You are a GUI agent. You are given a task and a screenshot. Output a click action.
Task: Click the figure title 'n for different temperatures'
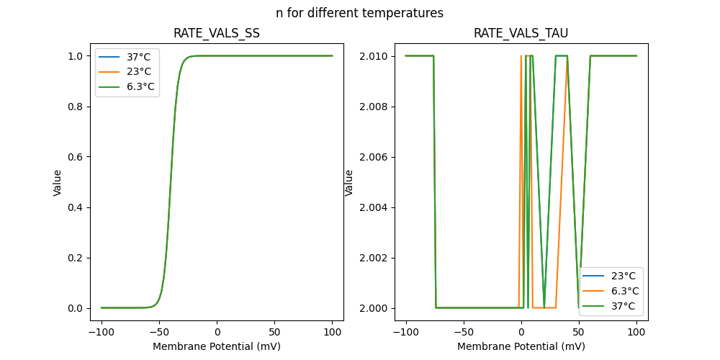(x=359, y=13)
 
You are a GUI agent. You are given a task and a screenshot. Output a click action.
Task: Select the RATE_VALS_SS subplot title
(x=217, y=33)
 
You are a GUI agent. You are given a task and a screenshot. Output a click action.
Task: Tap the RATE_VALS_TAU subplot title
(x=521, y=33)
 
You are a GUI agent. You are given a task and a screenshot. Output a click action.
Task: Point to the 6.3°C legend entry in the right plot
(x=624, y=291)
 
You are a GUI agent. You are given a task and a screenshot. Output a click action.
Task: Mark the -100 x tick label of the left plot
(x=102, y=333)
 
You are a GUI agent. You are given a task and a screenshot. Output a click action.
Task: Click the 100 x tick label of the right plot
(x=636, y=333)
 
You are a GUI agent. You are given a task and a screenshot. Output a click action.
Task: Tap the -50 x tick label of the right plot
(x=464, y=333)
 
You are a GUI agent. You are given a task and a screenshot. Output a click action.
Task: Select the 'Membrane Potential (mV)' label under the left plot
(x=217, y=346)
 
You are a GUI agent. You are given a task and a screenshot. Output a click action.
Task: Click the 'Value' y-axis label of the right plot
(x=349, y=182)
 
